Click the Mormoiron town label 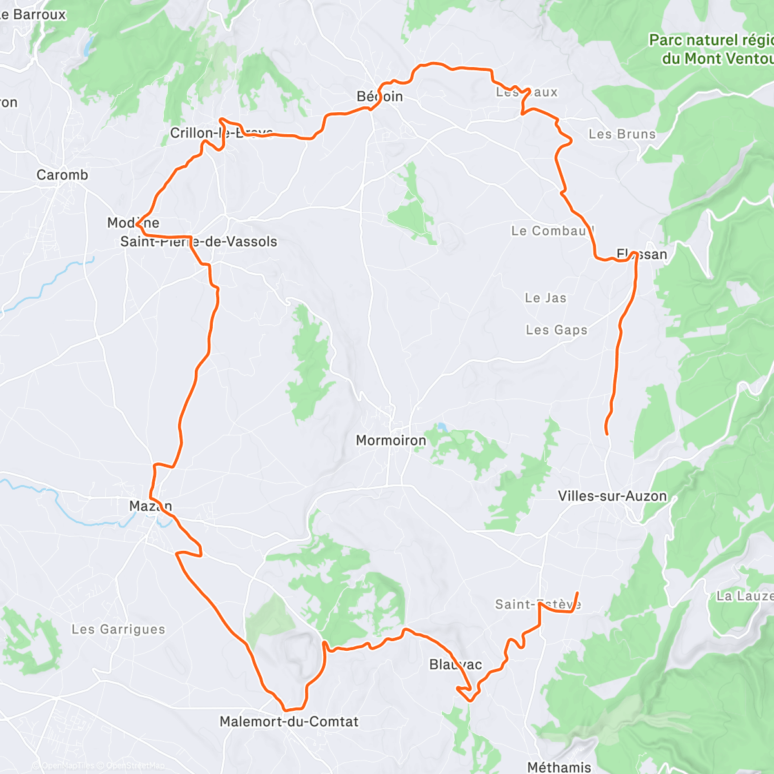point(391,441)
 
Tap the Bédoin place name point(380,97)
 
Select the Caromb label point(62,175)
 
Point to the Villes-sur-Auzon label point(612,496)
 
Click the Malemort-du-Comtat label point(289,722)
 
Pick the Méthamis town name point(559,767)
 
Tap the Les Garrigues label point(118,629)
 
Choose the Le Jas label point(546,298)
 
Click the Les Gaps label point(557,330)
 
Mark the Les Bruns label point(622,134)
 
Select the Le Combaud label point(552,231)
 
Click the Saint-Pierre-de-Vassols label point(199,242)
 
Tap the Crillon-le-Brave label point(221,133)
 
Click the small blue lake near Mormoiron point(441,427)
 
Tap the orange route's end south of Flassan point(607,433)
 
